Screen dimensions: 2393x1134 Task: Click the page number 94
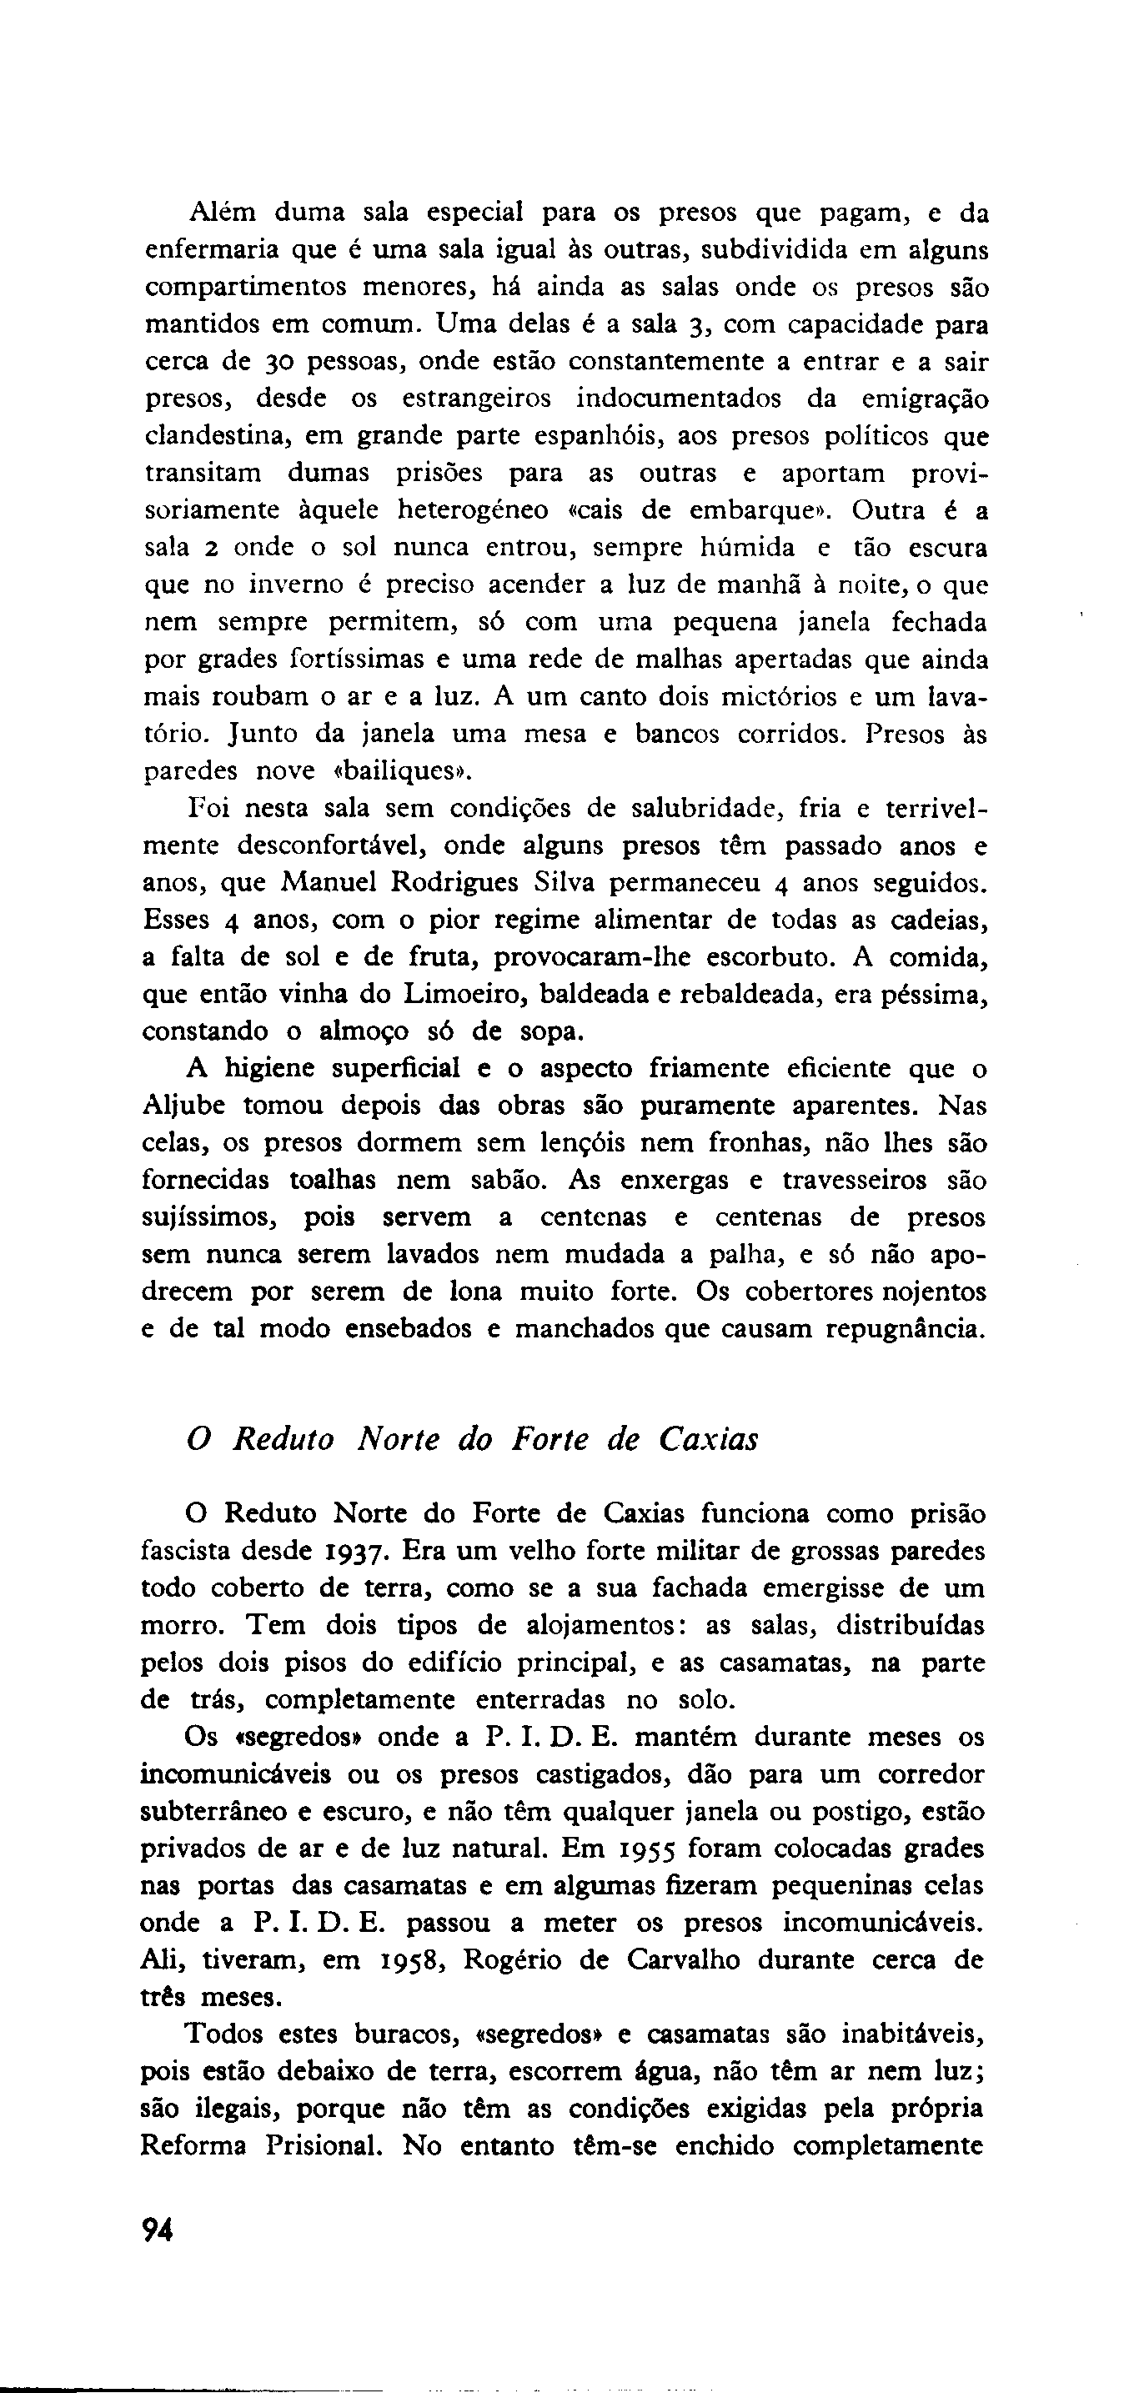(x=158, y=2230)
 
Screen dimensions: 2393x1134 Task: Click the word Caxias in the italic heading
(x=708, y=1440)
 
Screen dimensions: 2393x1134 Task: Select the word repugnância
(x=895, y=1328)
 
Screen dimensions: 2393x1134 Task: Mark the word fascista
(x=186, y=1552)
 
